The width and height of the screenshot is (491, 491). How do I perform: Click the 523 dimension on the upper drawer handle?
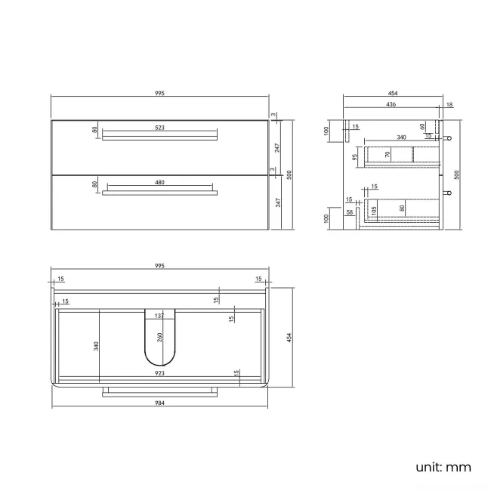point(159,128)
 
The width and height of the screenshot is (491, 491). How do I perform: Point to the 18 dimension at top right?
point(449,104)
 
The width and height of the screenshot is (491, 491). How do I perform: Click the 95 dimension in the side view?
point(355,157)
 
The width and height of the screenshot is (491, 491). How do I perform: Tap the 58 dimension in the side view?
point(349,213)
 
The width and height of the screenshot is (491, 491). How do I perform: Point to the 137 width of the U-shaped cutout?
point(159,315)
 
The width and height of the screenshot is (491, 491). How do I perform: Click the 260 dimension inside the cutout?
point(159,338)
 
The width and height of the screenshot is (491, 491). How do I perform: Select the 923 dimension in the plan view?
point(159,372)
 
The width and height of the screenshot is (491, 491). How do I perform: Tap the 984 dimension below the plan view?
point(159,403)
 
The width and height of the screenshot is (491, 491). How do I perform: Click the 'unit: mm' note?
point(443,467)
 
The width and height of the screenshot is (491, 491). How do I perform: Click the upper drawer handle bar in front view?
point(159,137)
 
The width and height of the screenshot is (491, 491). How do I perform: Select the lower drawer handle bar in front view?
point(159,193)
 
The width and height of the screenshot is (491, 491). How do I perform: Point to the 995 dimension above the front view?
point(159,93)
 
